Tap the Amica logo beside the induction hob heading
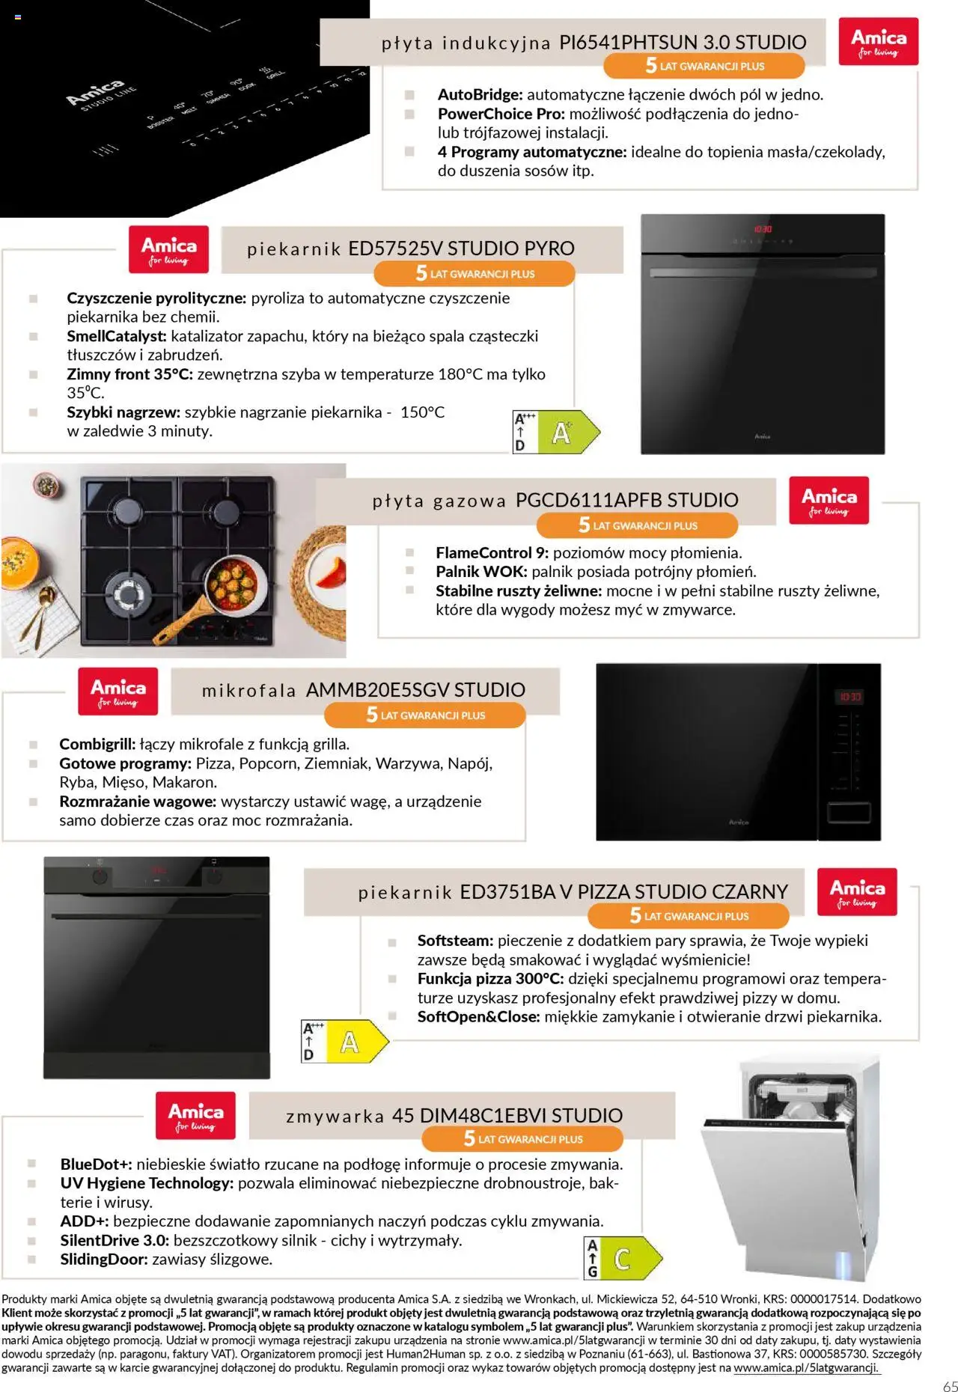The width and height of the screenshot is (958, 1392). pyautogui.click(x=878, y=41)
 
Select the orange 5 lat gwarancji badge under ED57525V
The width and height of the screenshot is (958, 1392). pyautogui.click(x=475, y=273)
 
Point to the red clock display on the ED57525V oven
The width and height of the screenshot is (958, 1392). pyautogui.click(x=762, y=229)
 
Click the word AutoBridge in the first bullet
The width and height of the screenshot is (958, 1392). pyautogui.click(x=480, y=95)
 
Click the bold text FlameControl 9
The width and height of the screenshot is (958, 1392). pyautogui.click(x=492, y=553)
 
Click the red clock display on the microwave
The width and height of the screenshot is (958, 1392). pyautogui.click(x=849, y=697)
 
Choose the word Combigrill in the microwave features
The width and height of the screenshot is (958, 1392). pyautogui.click(x=97, y=744)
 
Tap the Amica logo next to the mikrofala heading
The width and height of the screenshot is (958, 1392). pyautogui.click(x=118, y=692)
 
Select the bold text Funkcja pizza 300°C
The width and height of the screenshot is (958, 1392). pyautogui.click(x=490, y=979)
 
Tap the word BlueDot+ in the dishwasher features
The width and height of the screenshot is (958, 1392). pyautogui.click(x=96, y=1164)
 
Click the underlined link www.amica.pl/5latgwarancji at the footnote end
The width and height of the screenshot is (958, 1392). pyautogui.click(x=806, y=1367)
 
